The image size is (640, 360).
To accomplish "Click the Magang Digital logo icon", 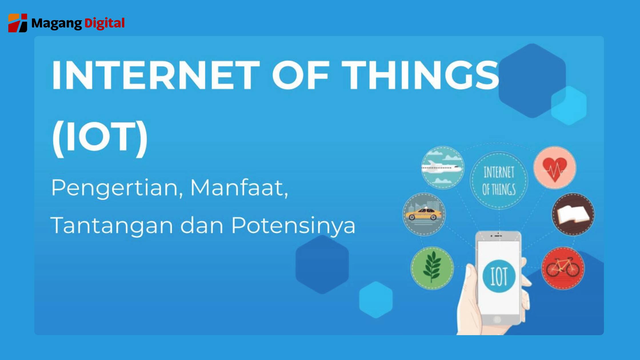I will [18, 23].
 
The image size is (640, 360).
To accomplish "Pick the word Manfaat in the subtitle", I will [239, 188].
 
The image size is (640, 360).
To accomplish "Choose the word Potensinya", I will [293, 225].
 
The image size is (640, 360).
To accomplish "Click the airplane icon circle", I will [443, 168].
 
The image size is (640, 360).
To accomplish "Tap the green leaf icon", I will [432, 268].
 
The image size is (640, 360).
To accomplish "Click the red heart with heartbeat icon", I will [555, 168].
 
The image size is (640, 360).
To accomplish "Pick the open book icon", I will [573, 214].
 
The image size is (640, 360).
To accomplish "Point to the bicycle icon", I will [563, 268].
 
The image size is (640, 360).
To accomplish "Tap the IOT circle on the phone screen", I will [499, 276].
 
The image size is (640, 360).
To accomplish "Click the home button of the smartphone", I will [497, 319].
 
